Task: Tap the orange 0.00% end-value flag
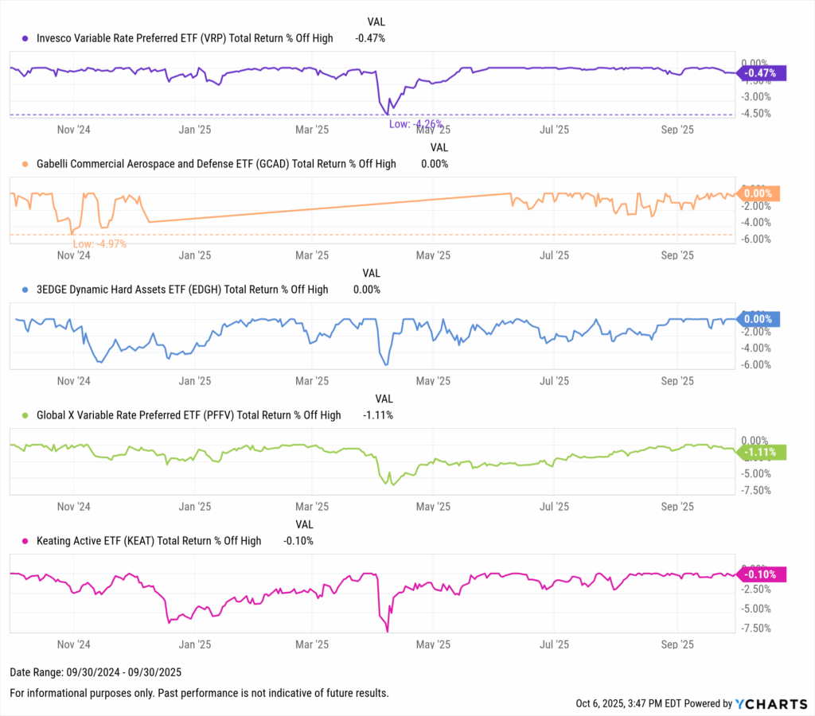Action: click(x=758, y=193)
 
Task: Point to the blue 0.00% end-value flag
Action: click(x=758, y=319)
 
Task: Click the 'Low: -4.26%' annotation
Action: click(x=415, y=124)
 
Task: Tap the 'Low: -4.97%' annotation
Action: click(x=99, y=243)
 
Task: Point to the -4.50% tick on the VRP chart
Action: click(x=755, y=113)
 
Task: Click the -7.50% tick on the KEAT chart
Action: click(x=755, y=628)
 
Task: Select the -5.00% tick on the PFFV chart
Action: click(x=755, y=473)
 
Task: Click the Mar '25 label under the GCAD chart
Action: click(x=311, y=255)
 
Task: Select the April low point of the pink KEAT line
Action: click(x=387, y=631)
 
